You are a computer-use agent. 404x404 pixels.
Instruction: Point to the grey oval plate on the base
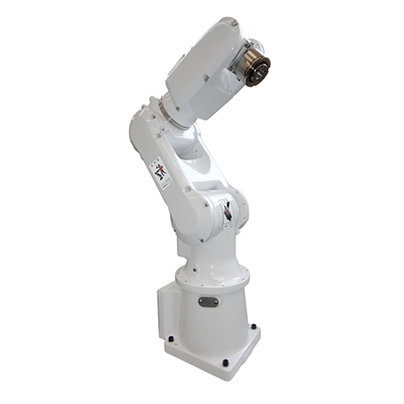coord(207,300)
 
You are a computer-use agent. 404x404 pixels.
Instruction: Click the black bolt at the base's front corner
coord(224,362)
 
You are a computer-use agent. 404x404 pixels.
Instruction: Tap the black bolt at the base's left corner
coord(170,339)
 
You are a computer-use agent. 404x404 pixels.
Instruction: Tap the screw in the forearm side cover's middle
coord(206,79)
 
